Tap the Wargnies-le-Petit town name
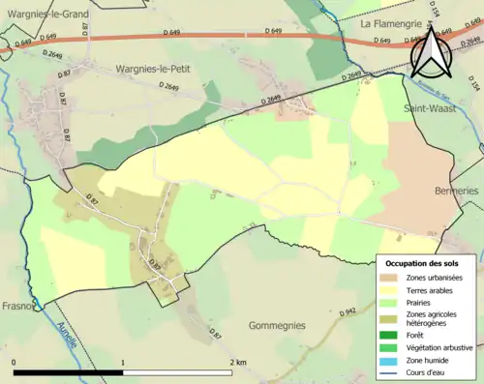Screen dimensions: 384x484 point(153,70)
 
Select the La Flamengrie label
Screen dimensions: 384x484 point(394,21)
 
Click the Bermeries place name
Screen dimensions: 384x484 point(457,192)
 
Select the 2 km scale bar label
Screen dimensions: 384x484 point(236,362)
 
